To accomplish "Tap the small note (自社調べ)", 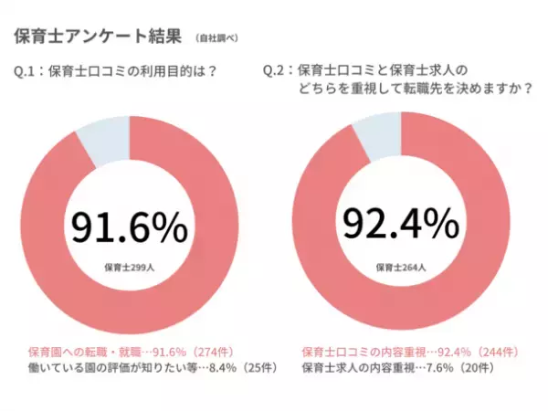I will pyautogui.click(x=216, y=38).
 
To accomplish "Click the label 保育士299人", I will pyautogui.click(x=129, y=267).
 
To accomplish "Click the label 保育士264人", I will pyautogui.click(x=401, y=267).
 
